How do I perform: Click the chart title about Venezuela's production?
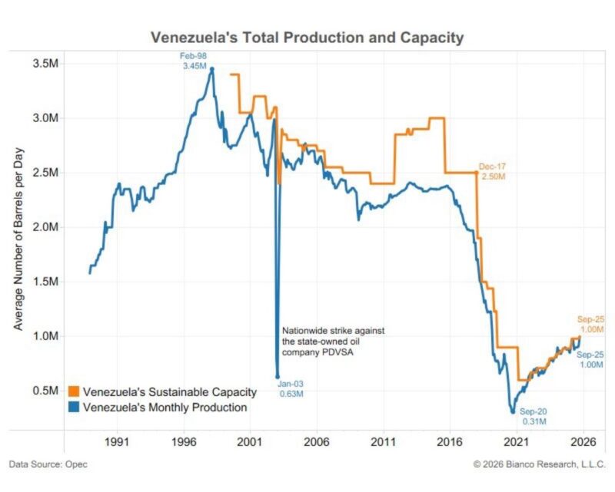pyautogui.click(x=307, y=37)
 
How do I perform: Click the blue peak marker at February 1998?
pyautogui.click(x=212, y=69)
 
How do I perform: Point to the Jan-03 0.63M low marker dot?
pyautogui.click(x=278, y=377)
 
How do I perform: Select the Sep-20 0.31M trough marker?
pyautogui.click(x=513, y=411)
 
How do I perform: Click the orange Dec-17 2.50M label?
pyautogui.click(x=492, y=171)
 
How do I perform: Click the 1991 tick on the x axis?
pyautogui.click(x=116, y=442)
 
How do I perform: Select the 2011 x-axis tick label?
pyautogui.click(x=382, y=442)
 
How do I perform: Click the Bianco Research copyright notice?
pyautogui.click(x=540, y=464)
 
